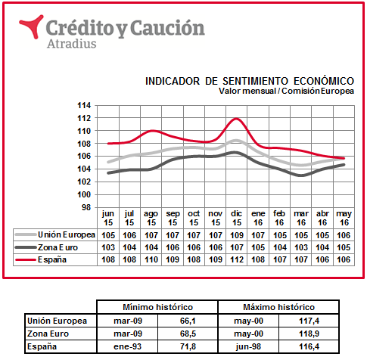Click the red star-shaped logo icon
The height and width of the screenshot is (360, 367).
[x=33, y=25]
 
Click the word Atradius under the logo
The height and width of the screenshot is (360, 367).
[x=72, y=44]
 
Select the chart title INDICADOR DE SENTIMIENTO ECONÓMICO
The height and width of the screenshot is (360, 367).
[x=250, y=81]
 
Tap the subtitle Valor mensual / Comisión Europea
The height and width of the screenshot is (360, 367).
[x=286, y=91]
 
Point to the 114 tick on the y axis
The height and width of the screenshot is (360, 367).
[x=84, y=105]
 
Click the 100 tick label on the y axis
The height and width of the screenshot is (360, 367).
[x=84, y=194]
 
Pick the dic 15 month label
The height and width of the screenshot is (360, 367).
[x=237, y=218]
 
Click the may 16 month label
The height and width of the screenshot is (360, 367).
[x=344, y=218]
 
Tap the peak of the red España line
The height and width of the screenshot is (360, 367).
[x=236, y=119]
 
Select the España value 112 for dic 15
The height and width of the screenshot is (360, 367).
[x=237, y=259]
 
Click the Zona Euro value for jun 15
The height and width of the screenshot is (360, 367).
[x=108, y=247]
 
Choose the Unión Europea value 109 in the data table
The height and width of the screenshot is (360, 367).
[x=237, y=235]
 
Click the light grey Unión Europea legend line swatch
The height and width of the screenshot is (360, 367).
[x=26, y=234]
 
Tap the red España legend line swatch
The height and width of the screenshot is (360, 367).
[x=26, y=259]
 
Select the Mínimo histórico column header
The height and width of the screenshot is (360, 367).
[x=157, y=307]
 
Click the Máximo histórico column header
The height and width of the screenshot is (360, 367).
[x=278, y=307]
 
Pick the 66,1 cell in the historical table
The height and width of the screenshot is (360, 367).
[x=188, y=321]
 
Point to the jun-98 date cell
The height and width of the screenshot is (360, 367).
[x=248, y=346]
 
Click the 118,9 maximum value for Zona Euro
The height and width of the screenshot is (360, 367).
[x=309, y=334]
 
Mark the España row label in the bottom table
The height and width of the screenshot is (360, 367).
[x=42, y=346]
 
